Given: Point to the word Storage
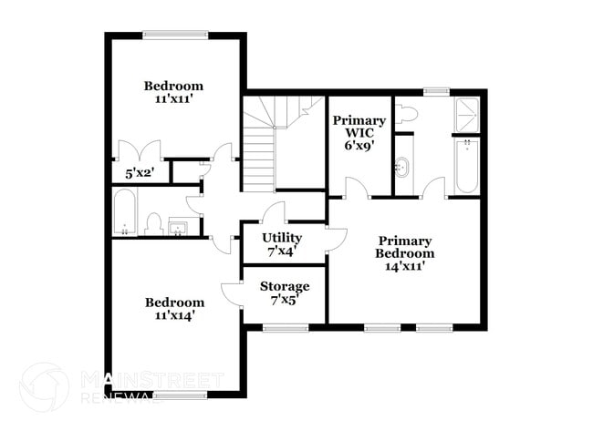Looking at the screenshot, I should [284, 286].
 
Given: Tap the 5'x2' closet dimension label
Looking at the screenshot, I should [139, 170].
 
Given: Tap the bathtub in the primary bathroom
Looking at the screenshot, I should [465, 167].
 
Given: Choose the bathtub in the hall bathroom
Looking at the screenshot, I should [124, 212].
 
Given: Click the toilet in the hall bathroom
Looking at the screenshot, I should [153, 223].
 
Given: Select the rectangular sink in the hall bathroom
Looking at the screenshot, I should [177, 225].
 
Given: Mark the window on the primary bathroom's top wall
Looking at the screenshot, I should [436, 90].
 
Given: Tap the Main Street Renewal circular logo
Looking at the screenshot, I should [44, 386].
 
